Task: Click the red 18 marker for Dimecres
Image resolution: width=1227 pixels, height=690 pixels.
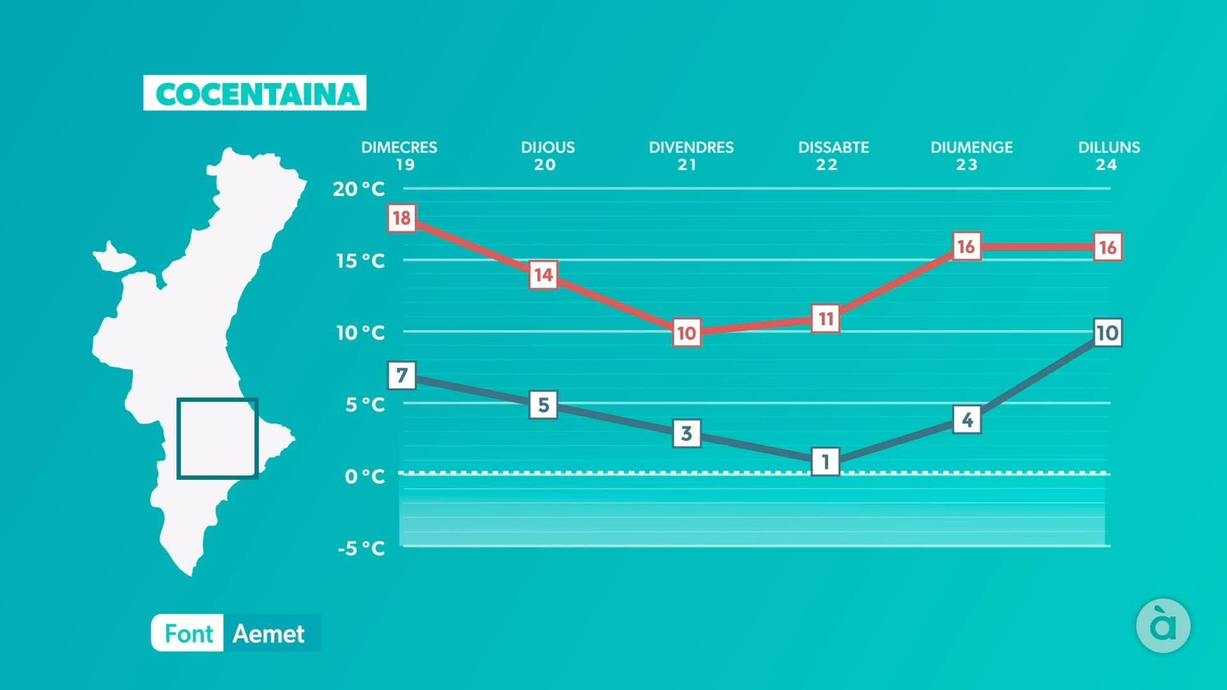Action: click(x=402, y=219)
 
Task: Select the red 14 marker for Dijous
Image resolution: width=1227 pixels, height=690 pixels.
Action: click(x=544, y=274)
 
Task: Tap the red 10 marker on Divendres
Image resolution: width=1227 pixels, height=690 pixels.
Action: click(x=686, y=333)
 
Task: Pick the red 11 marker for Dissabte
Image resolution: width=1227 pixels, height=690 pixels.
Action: click(x=826, y=318)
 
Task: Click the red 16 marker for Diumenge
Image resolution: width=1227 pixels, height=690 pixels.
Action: click(x=966, y=246)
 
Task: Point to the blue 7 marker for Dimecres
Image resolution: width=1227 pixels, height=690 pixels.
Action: click(x=402, y=376)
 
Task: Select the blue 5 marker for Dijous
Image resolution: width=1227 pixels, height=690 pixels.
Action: click(x=544, y=405)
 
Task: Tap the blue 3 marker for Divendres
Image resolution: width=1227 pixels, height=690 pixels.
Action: click(x=686, y=433)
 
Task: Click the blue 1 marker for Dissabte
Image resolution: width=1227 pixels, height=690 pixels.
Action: click(x=826, y=462)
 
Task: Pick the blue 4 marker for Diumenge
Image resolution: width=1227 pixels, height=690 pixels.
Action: click(x=967, y=419)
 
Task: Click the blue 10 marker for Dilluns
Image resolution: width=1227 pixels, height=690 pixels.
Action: click(x=1107, y=333)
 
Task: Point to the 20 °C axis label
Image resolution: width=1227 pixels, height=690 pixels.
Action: click(x=359, y=189)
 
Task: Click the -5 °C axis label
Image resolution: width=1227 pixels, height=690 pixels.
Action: click(x=361, y=548)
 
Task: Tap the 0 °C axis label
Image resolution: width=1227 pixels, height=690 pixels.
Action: click(x=364, y=476)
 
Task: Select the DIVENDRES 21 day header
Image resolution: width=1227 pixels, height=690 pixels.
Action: click(x=691, y=156)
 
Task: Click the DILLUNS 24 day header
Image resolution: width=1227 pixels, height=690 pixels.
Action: click(x=1109, y=156)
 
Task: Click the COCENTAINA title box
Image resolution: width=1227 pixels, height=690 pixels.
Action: click(x=255, y=94)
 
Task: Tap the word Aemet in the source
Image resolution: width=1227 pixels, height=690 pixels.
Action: click(x=268, y=634)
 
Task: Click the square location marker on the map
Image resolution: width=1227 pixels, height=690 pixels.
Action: click(x=218, y=439)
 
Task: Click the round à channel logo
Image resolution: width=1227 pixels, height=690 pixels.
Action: click(x=1163, y=626)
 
